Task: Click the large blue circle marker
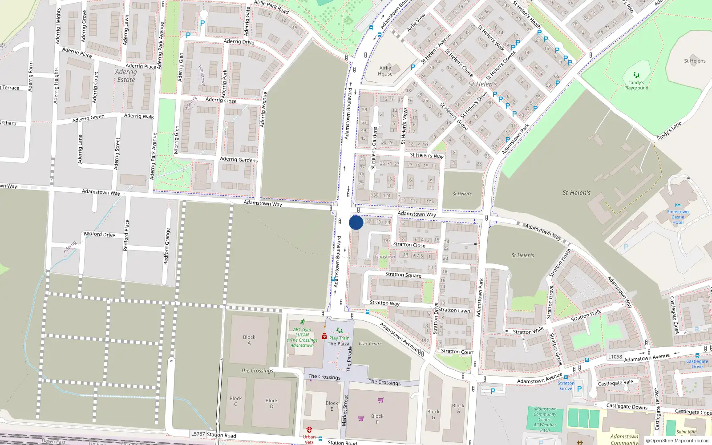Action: coord(356,222)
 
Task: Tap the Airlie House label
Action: coord(385,71)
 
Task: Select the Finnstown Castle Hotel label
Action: coord(678,217)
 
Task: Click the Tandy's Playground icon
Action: coord(636,75)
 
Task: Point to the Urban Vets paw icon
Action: coord(309,430)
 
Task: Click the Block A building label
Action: coord(249,340)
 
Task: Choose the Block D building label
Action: coord(271,403)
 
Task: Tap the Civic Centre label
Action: coord(370,344)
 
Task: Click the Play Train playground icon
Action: coord(340,331)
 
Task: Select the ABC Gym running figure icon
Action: coord(303,322)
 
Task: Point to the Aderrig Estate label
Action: coord(126,76)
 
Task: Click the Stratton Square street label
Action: coord(403,275)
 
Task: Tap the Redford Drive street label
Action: coord(99,234)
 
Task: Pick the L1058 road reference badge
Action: coord(615,356)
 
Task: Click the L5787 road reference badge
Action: coord(198,434)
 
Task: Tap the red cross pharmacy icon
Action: coord(324,336)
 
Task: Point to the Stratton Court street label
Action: coord(457,352)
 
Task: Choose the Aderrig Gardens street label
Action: coord(239,159)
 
